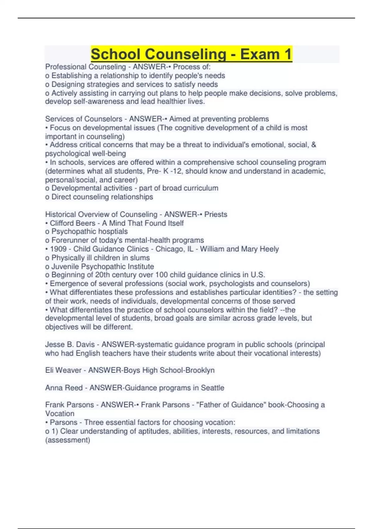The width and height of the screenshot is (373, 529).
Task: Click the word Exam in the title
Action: click(260, 54)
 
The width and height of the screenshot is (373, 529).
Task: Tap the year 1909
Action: click(58, 249)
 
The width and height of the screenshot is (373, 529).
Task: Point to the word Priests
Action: click(215, 214)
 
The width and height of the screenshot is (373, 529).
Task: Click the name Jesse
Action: click(54, 344)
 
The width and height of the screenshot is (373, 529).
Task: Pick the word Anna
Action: click(53, 388)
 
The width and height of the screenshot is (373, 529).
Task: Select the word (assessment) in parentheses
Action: click(67, 440)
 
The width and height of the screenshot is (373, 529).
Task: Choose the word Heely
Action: click(269, 249)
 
